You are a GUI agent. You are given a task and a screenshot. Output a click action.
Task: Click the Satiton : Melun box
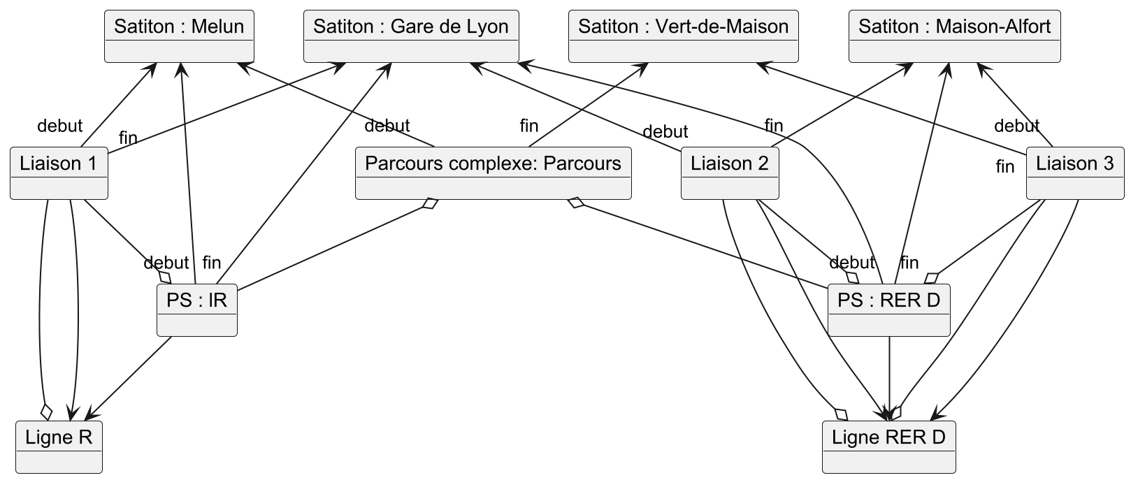click(179, 36)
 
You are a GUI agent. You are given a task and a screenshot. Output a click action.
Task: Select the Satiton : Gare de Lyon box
click(411, 36)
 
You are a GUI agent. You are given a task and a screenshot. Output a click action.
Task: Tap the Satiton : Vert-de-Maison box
click(683, 36)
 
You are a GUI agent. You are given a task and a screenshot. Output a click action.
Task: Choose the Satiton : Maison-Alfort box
click(954, 36)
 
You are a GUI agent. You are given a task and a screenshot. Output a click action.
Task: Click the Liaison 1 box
click(59, 173)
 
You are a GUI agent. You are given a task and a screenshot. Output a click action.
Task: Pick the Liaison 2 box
click(730, 173)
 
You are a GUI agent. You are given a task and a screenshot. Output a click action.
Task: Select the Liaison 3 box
click(1074, 173)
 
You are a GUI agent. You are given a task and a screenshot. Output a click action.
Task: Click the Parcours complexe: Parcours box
click(493, 173)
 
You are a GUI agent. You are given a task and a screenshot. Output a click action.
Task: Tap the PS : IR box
click(197, 310)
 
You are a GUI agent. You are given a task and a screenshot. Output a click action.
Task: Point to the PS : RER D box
click(888, 310)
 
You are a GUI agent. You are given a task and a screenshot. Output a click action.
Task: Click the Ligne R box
click(59, 446)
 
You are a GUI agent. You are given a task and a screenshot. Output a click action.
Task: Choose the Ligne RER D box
click(888, 446)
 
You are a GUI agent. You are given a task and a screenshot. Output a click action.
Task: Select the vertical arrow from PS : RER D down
click(888, 377)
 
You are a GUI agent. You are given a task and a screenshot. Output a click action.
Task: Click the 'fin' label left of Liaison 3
click(1004, 167)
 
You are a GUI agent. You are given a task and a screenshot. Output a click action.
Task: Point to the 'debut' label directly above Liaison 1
click(59, 126)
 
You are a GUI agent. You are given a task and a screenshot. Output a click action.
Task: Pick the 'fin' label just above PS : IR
click(211, 263)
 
